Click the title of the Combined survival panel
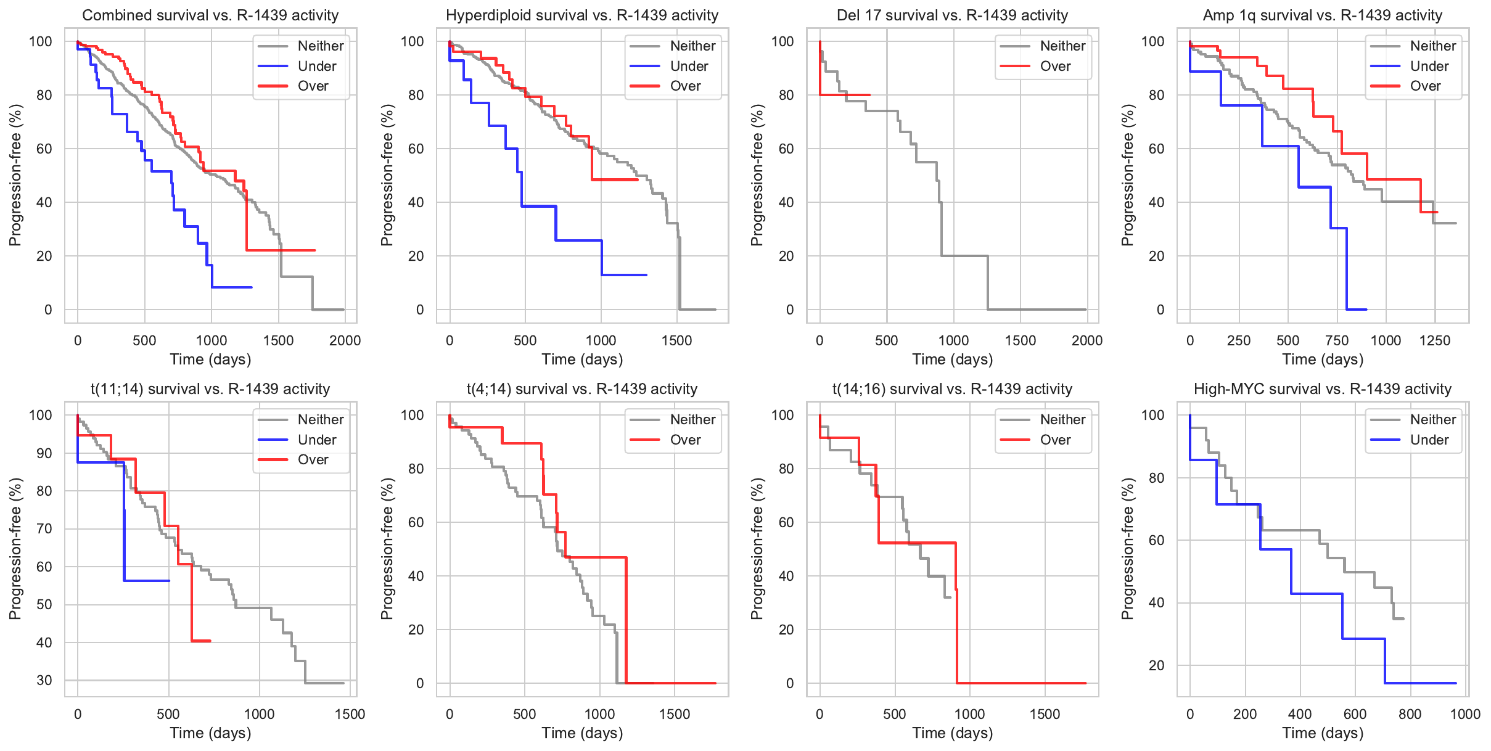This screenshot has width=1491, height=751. (210, 15)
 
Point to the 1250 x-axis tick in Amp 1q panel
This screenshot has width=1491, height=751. (1434, 340)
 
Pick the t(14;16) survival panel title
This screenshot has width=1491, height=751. (952, 389)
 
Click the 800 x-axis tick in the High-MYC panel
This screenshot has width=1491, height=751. (1410, 714)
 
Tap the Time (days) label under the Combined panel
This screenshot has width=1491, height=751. (210, 359)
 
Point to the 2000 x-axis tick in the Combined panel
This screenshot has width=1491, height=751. (345, 340)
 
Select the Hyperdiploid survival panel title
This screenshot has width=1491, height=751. (582, 15)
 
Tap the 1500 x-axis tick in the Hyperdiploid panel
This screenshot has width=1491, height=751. (677, 340)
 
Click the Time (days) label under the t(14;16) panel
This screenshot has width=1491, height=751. (952, 733)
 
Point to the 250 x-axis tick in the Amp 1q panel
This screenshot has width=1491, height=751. (1239, 340)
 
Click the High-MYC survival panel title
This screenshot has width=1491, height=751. (1323, 389)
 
